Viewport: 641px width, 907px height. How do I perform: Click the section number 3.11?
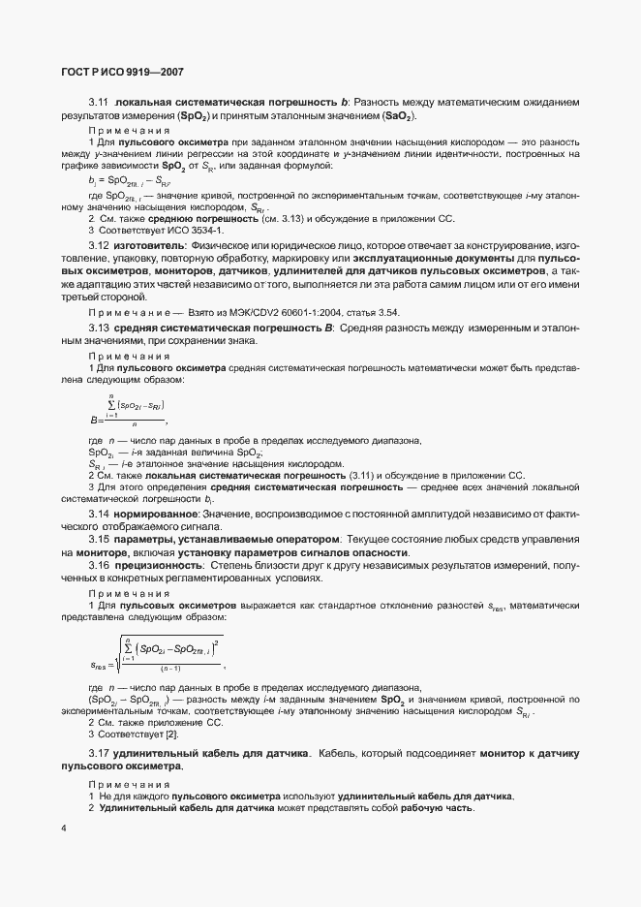coord(99,102)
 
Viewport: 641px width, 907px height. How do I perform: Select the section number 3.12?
coord(99,245)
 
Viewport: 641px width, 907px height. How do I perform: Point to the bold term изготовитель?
coord(147,245)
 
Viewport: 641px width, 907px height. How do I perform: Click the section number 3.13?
coord(99,329)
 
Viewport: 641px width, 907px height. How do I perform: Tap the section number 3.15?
coord(99,537)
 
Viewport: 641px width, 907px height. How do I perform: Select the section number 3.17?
coord(99,753)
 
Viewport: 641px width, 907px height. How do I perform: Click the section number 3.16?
coord(99,563)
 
